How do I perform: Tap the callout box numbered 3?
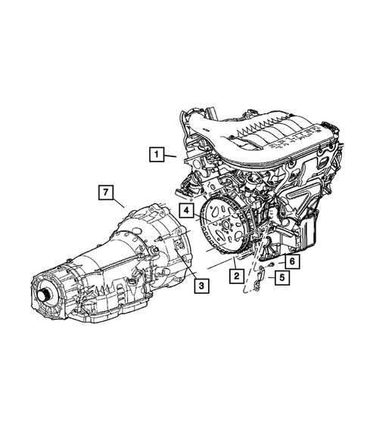point(201,286)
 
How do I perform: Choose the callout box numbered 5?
point(281,277)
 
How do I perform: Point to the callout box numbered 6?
point(292,260)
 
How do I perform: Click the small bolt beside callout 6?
point(271,262)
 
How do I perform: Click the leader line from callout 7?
point(121,202)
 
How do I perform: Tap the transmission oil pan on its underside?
point(114,302)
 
